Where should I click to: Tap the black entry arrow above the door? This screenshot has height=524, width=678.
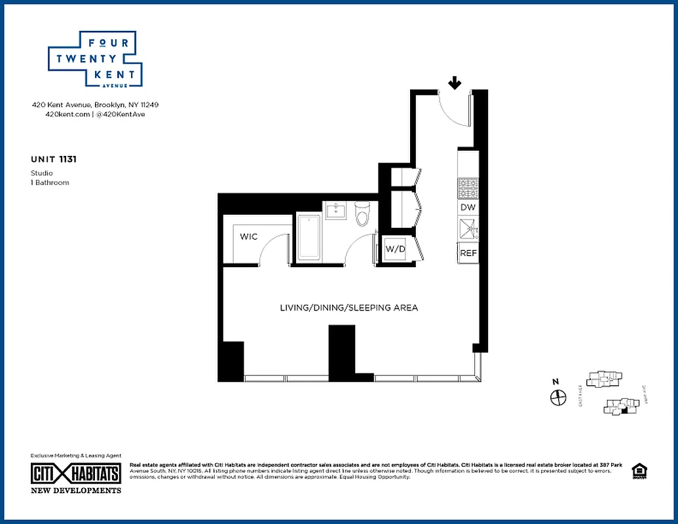tap(455, 83)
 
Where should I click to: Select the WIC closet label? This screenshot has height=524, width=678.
tap(248, 236)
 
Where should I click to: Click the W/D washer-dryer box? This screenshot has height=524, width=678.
tap(394, 249)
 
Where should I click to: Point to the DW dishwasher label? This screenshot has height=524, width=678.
tap(468, 207)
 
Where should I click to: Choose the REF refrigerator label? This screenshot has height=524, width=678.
tap(468, 253)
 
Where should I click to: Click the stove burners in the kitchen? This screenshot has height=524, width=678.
tap(468, 188)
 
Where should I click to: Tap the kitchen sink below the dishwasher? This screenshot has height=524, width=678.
tap(468, 230)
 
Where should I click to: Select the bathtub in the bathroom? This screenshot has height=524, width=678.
tap(308, 236)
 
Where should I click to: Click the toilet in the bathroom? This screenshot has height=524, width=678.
tap(362, 214)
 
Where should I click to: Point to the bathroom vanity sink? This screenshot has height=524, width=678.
tap(338, 211)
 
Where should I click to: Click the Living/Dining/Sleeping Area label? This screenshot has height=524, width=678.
tap(348, 307)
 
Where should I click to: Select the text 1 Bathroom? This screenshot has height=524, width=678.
tap(50, 182)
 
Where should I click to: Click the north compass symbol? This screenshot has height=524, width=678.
tap(557, 397)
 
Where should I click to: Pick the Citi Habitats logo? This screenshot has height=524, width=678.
tap(76, 473)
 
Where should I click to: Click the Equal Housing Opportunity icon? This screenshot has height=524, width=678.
tap(637, 471)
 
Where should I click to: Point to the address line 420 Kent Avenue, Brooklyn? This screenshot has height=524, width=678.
tap(96, 105)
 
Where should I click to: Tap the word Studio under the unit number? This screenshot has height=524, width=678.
tap(41, 173)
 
